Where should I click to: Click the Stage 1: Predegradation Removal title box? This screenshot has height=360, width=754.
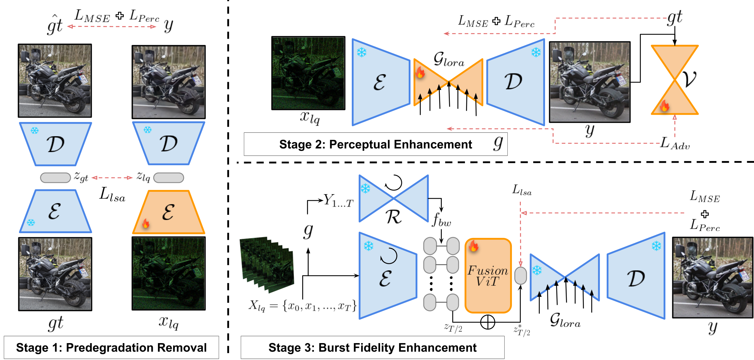(111, 347)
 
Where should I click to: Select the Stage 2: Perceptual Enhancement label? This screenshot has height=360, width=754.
(375, 144)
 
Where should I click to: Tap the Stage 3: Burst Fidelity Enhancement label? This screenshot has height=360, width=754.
(372, 347)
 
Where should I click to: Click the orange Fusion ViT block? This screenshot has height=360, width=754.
(488, 276)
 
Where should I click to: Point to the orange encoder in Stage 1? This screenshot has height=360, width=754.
(168, 212)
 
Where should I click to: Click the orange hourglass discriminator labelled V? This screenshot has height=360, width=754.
(674, 80)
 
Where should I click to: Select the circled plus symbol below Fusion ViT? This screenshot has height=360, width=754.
(487, 322)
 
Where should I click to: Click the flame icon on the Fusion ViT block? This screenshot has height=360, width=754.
(473, 246)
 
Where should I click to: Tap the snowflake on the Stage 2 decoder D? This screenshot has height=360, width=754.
(536, 52)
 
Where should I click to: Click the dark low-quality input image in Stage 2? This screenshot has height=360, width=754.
(308, 73)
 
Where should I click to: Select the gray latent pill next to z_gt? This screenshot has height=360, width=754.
(55, 178)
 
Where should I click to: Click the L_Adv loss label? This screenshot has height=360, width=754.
(674, 143)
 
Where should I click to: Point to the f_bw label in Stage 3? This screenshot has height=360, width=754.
(441, 219)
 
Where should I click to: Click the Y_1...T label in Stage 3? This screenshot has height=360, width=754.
(338, 200)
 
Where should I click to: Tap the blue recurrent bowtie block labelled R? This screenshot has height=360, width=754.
(393, 198)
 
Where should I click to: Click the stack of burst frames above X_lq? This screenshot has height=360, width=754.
(267, 264)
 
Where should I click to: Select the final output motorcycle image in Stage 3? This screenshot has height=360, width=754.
(712, 277)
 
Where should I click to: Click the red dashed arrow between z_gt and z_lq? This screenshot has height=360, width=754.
(112, 178)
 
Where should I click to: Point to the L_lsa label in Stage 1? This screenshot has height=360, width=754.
(112, 194)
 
